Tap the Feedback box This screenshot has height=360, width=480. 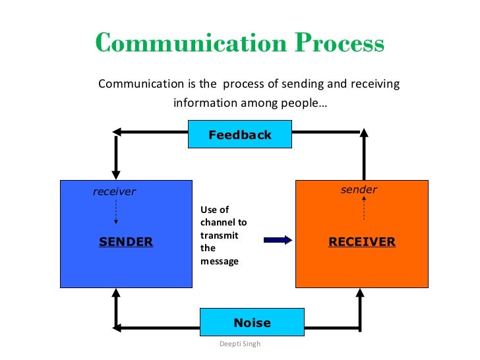coord(240,135)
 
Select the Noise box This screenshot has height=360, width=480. coord(252,322)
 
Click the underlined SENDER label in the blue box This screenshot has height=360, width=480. coord(126,242)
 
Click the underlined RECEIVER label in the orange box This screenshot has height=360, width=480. coord(362,242)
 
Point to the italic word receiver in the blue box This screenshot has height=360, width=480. coord(114,192)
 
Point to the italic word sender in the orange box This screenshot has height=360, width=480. coord(359,190)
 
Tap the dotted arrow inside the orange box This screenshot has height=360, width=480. coord(364,210)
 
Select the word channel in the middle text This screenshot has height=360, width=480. coord(218,223)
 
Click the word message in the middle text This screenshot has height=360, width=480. coord(220,261)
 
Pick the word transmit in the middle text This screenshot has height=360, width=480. coord(219,235)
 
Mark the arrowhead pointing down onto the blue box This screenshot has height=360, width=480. coord(116,173)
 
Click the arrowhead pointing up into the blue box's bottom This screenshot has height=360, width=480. coord(116,295)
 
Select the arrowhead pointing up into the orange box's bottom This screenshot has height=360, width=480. coord(364,295)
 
